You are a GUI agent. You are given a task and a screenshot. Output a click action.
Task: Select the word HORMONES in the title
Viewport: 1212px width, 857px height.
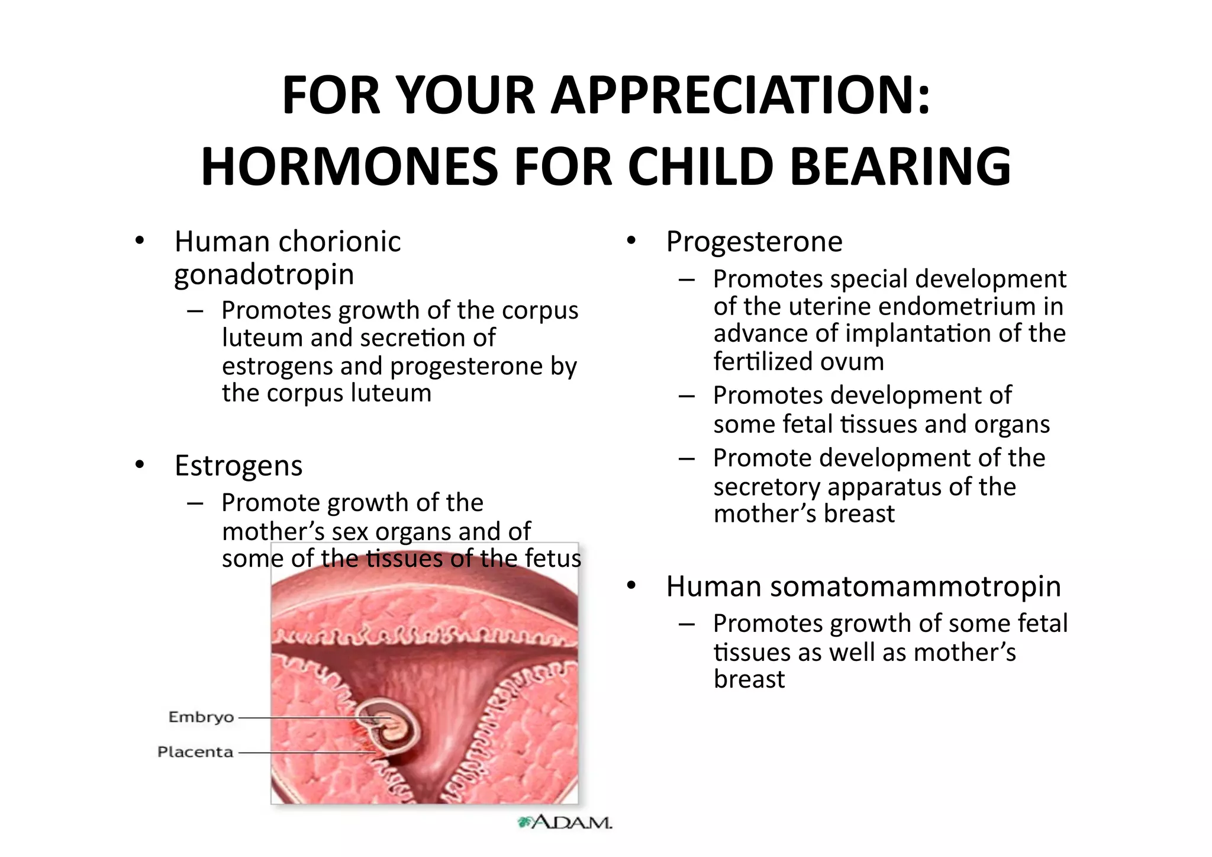coord(349,167)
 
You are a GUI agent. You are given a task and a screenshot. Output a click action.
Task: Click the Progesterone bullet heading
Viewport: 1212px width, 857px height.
coord(754,242)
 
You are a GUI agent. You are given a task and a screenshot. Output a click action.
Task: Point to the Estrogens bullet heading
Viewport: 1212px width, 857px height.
coord(238,466)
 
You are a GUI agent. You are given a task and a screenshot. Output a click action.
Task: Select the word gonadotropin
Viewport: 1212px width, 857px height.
coord(264,275)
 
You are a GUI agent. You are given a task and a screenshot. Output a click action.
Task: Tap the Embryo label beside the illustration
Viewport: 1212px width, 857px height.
coord(201,717)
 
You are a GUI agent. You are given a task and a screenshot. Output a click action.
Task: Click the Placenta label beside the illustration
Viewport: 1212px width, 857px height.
coord(195,752)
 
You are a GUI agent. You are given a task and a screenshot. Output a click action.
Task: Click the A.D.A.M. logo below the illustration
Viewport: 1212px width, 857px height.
coord(565,822)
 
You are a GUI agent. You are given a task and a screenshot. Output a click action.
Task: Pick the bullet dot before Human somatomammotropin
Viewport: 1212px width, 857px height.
coord(631,586)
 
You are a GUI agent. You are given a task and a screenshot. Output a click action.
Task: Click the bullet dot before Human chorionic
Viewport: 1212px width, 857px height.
coord(140,241)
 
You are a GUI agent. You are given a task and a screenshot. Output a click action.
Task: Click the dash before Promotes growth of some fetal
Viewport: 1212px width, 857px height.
coord(686,624)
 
